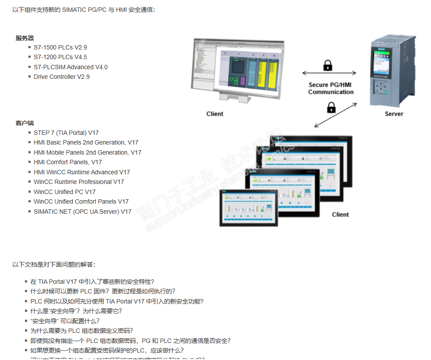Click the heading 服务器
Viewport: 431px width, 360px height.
[25, 38]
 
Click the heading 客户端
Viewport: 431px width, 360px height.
[25, 123]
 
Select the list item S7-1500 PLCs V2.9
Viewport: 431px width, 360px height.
[60, 47]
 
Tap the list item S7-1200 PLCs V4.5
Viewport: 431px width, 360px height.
[60, 57]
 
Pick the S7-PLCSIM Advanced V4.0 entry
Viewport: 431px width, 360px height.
[70, 67]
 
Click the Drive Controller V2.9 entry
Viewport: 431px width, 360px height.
[61, 77]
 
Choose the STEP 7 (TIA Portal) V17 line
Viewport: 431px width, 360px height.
[66, 133]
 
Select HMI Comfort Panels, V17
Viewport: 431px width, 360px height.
[67, 162]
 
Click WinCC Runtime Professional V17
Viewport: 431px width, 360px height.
[79, 182]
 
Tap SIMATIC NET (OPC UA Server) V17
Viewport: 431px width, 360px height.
[82, 212]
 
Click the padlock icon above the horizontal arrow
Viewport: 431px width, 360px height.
[328, 65]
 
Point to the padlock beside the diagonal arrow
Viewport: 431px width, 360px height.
[332, 107]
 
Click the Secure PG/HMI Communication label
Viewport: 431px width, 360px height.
[330, 88]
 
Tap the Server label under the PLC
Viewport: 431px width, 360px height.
[394, 114]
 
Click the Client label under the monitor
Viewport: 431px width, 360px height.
[214, 114]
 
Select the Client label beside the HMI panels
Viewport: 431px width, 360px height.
[340, 215]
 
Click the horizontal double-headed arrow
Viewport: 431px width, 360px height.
[329, 73]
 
